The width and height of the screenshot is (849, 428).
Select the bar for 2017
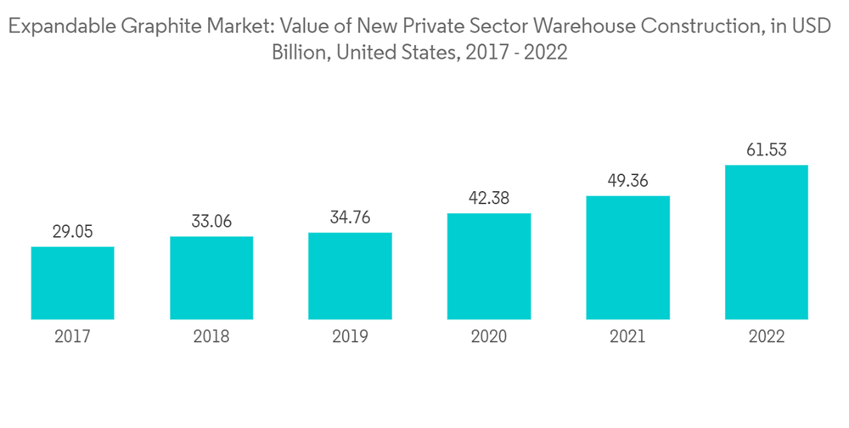pos(73,283)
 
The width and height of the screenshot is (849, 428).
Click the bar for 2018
pos(211,278)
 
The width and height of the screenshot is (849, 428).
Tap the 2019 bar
pos(350,276)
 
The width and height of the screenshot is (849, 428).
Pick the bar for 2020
pos(489,266)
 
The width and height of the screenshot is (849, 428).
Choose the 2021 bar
pos(627,257)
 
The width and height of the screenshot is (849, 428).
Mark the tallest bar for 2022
pos(767,242)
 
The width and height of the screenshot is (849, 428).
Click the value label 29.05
pos(73,231)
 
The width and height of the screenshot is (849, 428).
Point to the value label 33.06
pos(211,221)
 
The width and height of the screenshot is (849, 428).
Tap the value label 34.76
pos(350,217)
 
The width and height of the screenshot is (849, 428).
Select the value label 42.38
pos(489,198)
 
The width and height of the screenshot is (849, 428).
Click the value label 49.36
pos(627,180)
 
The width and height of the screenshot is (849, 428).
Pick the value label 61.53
pos(767,150)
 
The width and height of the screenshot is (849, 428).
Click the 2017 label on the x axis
pos(73,337)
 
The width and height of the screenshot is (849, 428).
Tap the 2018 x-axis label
pos(211,337)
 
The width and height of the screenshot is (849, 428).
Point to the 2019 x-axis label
pos(350,337)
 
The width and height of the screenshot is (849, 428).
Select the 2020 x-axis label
pos(489,337)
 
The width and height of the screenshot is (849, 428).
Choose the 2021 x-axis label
pos(627,337)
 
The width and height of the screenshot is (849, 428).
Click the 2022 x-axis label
pos(767,337)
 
